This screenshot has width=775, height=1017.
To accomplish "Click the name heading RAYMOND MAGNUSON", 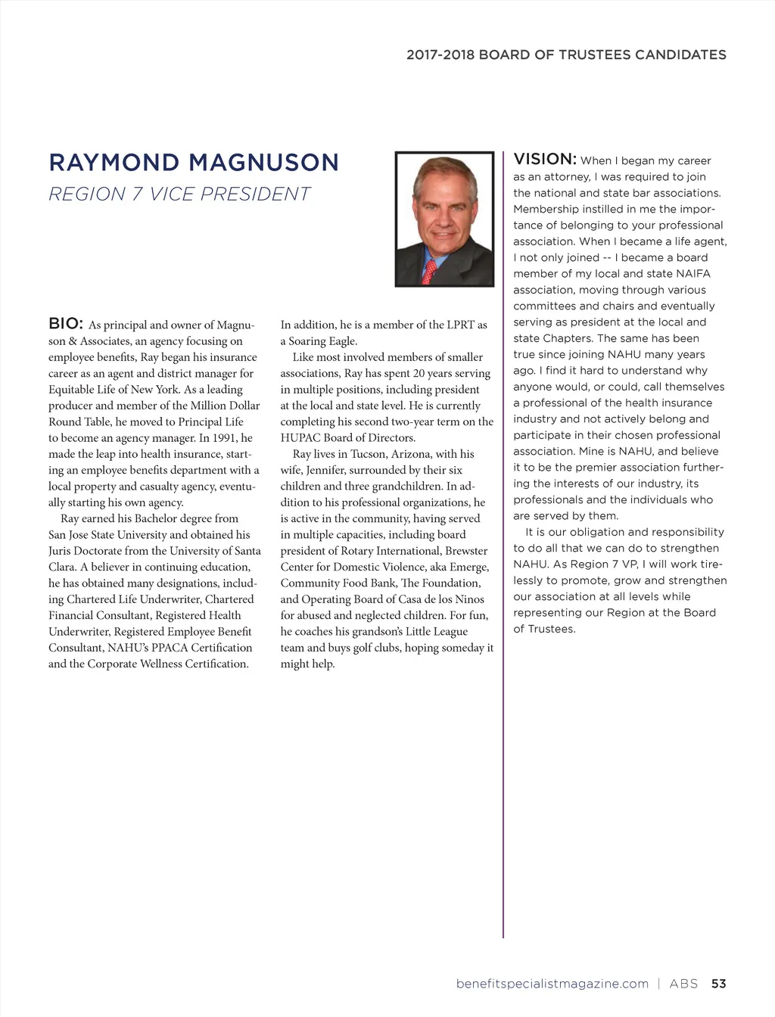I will pyautogui.click(x=194, y=163).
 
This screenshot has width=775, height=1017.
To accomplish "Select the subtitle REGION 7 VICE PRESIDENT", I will pyautogui.click(x=179, y=194).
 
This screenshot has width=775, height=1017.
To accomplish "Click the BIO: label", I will pyautogui.click(x=66, y=324).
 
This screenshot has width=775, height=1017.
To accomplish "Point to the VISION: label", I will pyautogui.click(x=545, y=159).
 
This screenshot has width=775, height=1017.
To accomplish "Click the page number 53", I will pyautogui.click(x=718, y=984).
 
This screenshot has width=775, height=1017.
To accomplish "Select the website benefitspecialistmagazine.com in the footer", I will pyautogui.click(x=552, y=984).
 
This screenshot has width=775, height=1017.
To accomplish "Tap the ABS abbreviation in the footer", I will pyautogui.click(x=683, y=984).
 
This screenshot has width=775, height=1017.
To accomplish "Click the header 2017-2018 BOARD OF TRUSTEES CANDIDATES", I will pyautogui.click(x=566, y=54).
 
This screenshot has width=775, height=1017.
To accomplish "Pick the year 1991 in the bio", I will pyautogui.click(x=221, y=438).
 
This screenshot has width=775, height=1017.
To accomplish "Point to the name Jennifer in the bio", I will pyautogui.click(x=325, y=470).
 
